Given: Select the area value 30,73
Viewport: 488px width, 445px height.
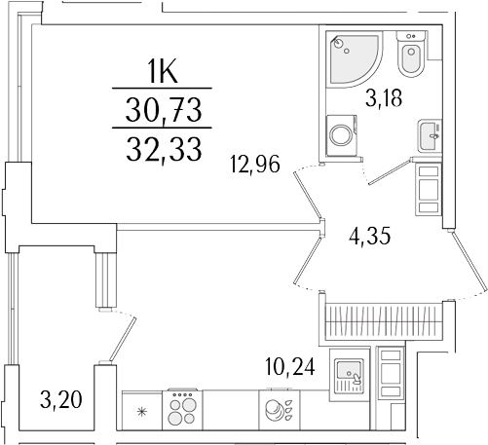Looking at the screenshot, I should (x=164, y=114).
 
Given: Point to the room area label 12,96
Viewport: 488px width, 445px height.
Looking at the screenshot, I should (x=254, y=166).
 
